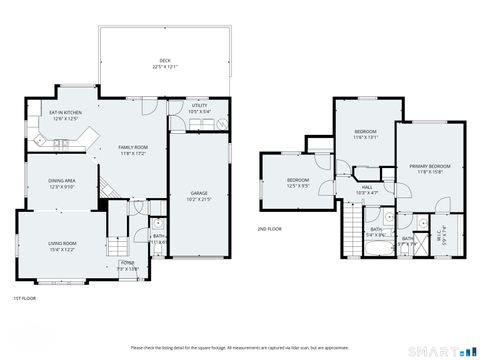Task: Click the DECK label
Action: [165, 63]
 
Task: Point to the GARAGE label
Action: [199, 195]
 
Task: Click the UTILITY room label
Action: [199, 107]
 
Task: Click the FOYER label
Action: [129, 265]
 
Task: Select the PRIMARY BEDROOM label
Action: [429, 167]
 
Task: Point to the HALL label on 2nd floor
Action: [367, 189]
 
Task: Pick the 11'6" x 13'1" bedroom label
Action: [366, 134]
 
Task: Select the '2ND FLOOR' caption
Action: [270, 228]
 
